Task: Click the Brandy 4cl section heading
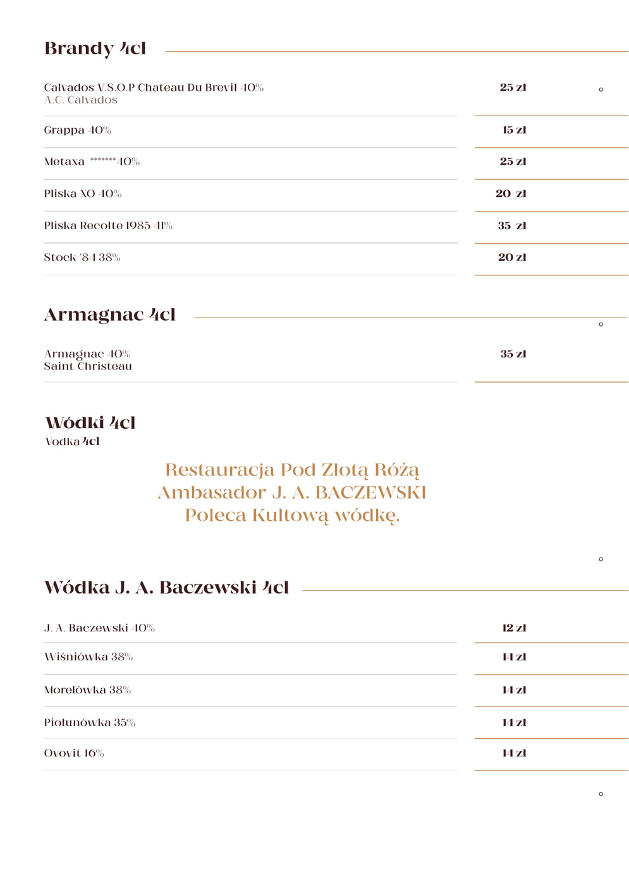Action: coord(95,49)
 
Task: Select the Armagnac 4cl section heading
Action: coord(109,314)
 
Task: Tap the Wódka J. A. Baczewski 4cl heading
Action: coord(166,587)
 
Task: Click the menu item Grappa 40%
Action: coord(77,130)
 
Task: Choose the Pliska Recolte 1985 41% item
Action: coord(108,225)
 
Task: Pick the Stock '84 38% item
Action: coord(82,257)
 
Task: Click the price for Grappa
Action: coord(514,130)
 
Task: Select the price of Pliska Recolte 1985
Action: coord(512,225)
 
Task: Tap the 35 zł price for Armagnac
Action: coord(513,354)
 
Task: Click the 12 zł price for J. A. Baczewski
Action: coord(514,628)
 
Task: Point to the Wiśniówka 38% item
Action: coord(89,657)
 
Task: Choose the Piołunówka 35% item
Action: coord(89,722)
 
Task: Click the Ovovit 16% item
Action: coord(74,753)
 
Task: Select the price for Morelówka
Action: coord(514,690)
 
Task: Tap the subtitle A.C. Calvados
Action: coord(81,100)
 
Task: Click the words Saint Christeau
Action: coord(88,366)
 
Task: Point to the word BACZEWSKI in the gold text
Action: coord(371,493)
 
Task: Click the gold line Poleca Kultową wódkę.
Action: coord(292,515)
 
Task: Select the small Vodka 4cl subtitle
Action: coord(72,441)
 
